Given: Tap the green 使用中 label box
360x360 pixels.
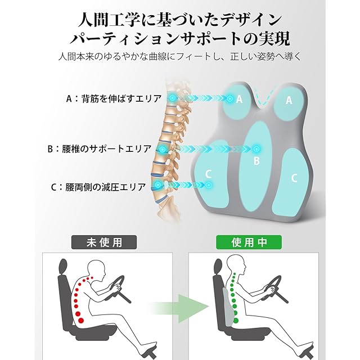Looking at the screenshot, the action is point(249,242).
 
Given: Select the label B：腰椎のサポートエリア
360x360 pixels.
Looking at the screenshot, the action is point(100,149).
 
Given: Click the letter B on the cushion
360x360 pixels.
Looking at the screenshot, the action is point(256,161).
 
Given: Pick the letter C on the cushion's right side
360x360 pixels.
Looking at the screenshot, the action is point(294,178).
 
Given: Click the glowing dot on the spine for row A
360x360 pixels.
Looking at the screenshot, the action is point(173,98).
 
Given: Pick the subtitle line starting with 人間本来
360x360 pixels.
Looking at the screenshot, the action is point(180,57).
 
